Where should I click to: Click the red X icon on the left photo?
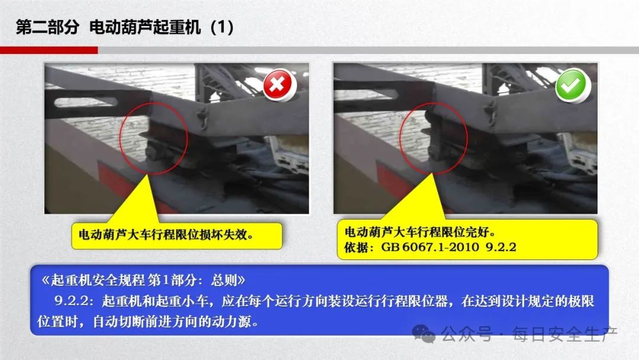[x=278, y=85]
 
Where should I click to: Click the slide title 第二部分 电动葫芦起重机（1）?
[x=125, y=27]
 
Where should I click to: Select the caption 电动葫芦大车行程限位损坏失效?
[x=166, y=234]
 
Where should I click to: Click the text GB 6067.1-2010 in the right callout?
[x=430, y=247]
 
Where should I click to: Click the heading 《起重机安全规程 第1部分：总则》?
[x=143, y=280]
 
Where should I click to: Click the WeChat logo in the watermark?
[x=424, y=333]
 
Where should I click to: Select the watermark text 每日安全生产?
[x=565, y=334]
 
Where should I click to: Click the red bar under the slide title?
[x=49, y=50]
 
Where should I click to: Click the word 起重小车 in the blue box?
[x=182, y=301]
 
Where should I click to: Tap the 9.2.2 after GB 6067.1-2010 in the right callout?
[x=501, y=247]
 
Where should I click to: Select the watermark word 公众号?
[x=467, y=334]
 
